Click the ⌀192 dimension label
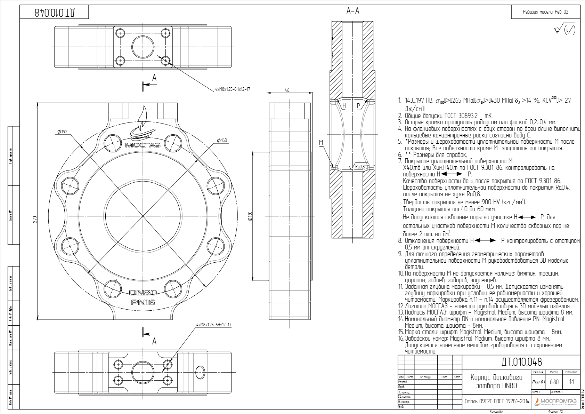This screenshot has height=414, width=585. click(x=63, y=132)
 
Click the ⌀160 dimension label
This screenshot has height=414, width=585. click(x=222, y=140)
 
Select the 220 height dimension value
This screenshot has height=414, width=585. click(x=35, y=220)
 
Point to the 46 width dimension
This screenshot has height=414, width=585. click(x=287, y=90)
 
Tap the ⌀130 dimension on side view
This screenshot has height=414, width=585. click(x=250, y=216)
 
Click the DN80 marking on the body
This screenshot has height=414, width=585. click(x=143, y=293)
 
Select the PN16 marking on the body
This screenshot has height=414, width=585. click(x=143, y=302)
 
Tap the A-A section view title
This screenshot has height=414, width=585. click(x=352, y=11)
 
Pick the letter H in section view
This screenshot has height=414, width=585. click(x=344, y=106)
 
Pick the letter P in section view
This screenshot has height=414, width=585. click(x=358, y=106)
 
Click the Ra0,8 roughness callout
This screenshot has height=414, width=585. click(x=360, y=167)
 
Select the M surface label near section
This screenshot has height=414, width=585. click(x=321, y=142)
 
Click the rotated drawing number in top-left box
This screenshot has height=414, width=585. click(x=55, y=13)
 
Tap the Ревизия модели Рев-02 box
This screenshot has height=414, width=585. click(x=545, y=12)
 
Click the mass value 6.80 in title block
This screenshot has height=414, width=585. click(x=554, y=382)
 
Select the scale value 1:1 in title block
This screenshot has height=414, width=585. click(x=571, y=382)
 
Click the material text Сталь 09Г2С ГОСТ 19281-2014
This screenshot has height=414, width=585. click(x=497, y=401)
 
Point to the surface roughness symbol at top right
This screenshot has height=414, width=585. click(x=565, y=30)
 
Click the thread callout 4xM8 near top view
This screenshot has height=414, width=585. click(x=232, y=89)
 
